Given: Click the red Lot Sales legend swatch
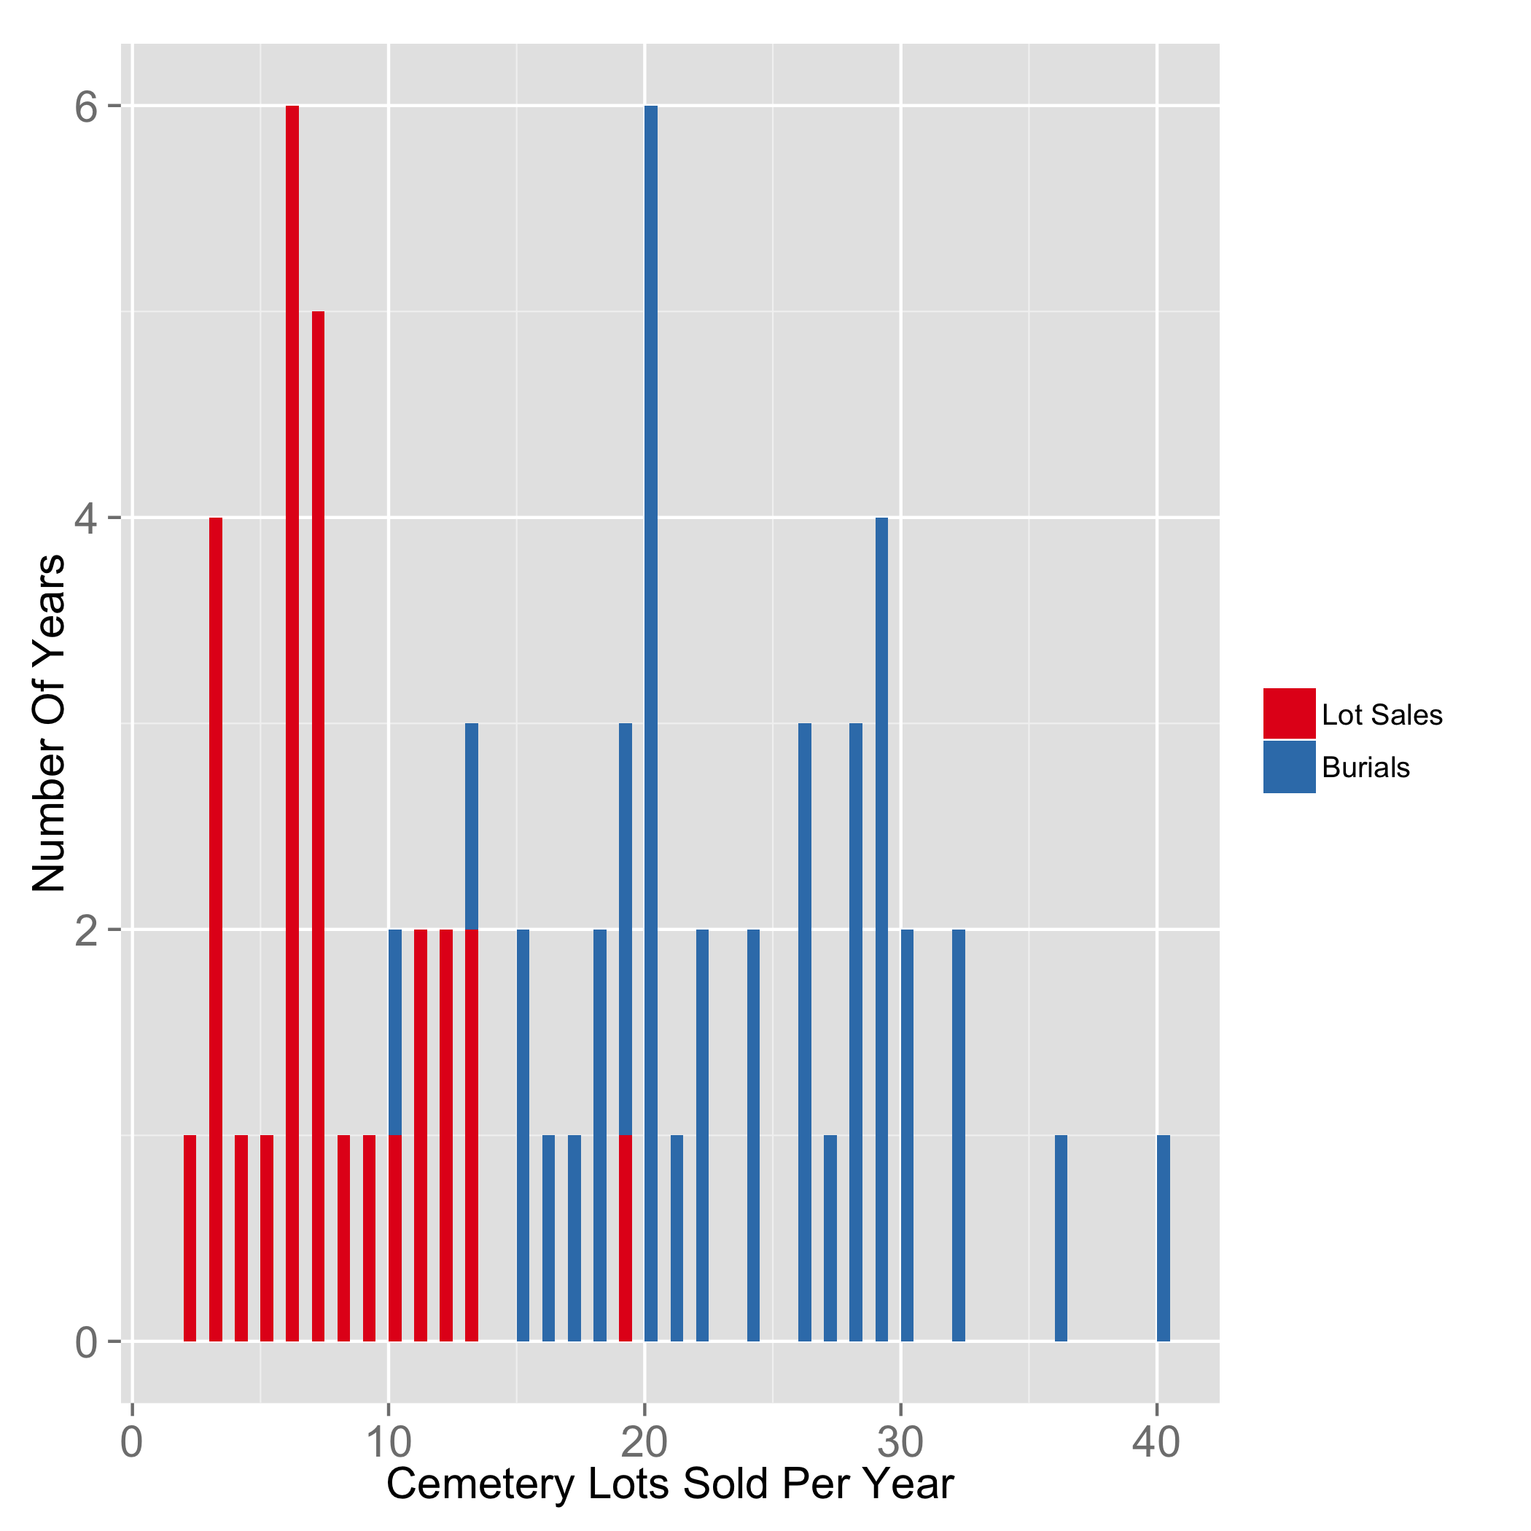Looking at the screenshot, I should (x=1288, y=713).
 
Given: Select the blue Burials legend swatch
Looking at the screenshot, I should (x=1288, y=766).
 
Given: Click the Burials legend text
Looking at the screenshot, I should (x=1366, y=768).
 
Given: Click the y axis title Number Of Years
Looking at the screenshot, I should (x=49, y=722).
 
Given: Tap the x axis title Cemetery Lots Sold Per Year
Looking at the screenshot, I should (x=669, y=1484).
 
